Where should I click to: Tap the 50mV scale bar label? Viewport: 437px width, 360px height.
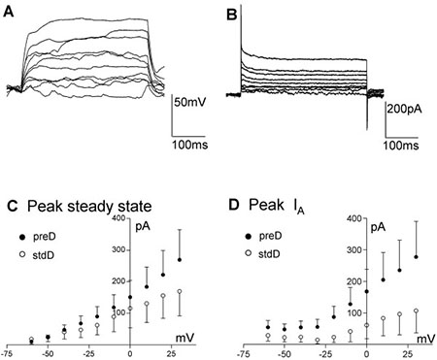click(192, 101)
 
